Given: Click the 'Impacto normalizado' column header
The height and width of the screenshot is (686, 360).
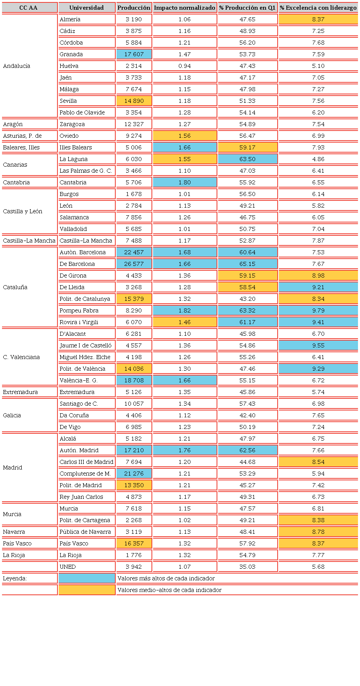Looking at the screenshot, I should [x=185, y=8].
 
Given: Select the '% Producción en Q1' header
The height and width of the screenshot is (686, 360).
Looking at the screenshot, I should [x=247, y=8].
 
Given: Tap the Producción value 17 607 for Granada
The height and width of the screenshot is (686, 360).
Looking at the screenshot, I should [x=134, y=54].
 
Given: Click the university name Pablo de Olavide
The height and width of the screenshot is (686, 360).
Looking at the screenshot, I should [x=82, y=112].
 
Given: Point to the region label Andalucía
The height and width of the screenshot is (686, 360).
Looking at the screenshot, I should [x=16, y=66].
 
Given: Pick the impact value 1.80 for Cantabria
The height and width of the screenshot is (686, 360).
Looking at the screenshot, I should [x=185, y=182].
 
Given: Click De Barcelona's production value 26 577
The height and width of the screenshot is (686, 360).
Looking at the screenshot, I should [x=134, y=264].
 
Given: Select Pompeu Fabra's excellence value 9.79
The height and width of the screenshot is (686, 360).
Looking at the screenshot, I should [x=318, y=310].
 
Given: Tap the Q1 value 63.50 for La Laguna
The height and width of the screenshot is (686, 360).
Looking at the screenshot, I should [x=247, y=159].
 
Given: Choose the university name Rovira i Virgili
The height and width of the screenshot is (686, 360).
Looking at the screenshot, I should [x=79, y=322].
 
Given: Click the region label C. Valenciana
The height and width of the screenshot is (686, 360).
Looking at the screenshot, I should [x=21, y=357].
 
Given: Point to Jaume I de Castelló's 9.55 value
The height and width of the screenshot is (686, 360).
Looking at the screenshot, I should [x=318, y=345].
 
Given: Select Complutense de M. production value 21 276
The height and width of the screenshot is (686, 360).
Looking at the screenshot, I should [x=134, y=474].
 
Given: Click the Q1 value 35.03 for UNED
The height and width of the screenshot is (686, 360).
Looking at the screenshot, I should [x=247, y=567].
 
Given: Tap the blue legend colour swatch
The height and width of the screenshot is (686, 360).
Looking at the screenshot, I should [x=87, y=578].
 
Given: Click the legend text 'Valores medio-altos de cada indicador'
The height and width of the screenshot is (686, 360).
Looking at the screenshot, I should [x=169, y=590].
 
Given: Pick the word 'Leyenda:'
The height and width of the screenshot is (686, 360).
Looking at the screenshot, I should [x=15, y=578].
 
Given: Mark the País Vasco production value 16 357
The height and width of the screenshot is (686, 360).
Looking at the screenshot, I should [x=134, y=543].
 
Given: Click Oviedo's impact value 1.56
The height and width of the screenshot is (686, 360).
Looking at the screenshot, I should [x=185, y=136].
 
